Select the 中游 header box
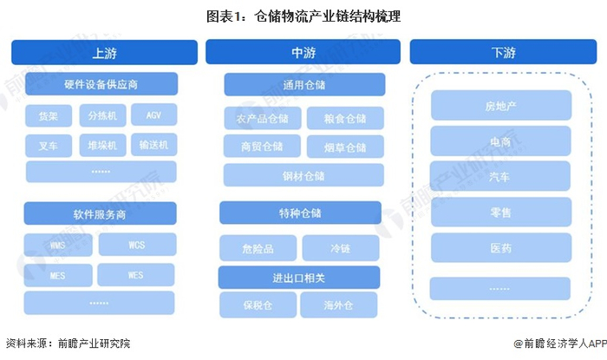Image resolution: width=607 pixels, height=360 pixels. (x=303, y=53)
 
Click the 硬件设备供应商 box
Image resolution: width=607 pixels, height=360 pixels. (x=101, y=84)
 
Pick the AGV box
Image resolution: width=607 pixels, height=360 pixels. (x=154, y=115)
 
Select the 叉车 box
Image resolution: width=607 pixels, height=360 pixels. (x=49, y=144)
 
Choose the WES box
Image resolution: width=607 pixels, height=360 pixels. (x=136, y=275)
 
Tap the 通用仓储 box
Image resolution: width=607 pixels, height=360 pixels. (x=303, y=85)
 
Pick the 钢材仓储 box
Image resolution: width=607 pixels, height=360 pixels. (x=303, y=175)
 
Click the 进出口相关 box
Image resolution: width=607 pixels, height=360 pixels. (x=299, y=277)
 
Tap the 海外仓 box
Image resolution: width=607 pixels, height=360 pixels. (x=339, y=304)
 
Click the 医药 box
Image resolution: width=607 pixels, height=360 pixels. (x=500, y=248)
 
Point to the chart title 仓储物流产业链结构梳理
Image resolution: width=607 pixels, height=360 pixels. (x=303, y=16)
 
